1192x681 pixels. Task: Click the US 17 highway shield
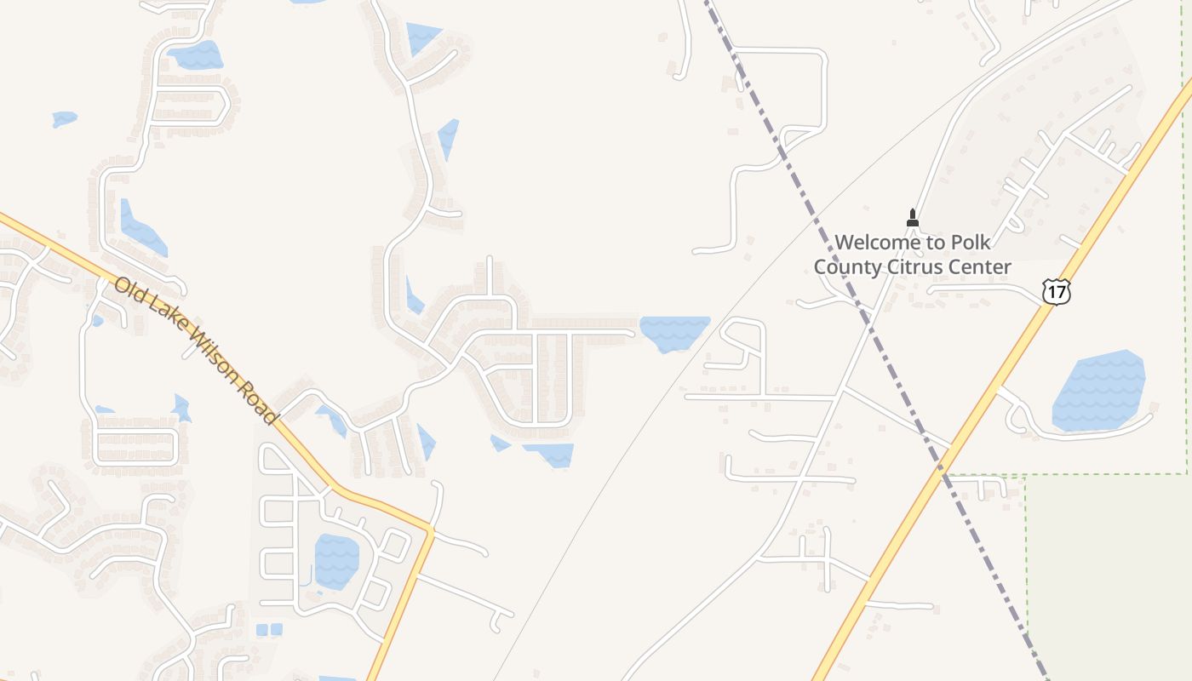1056,290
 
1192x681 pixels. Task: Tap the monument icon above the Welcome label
913,218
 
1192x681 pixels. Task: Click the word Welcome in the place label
876,243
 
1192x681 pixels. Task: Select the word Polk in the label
969,243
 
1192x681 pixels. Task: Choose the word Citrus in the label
916,266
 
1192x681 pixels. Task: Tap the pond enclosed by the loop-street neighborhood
336,561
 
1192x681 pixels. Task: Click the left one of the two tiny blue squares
261,630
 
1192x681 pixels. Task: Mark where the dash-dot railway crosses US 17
943,467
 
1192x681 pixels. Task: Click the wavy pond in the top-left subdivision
197,56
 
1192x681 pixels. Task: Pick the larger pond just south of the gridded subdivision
550,454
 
